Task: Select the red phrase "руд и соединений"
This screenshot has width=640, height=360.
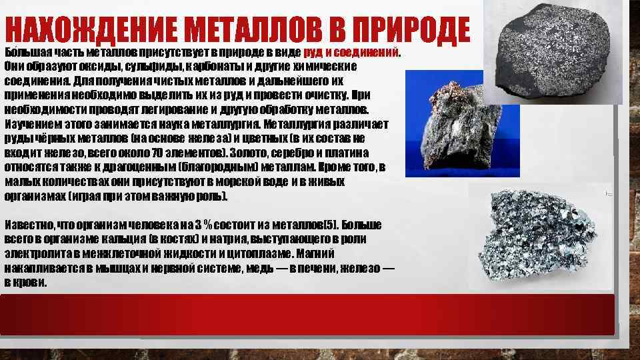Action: click(x=351, y=52)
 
